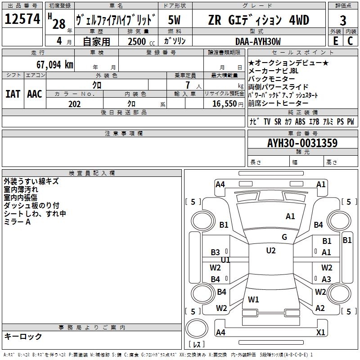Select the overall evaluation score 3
point(343,20)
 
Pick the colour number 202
point(74,104)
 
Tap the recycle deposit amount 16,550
point(224,104)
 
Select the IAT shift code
point(13,94)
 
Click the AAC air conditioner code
point(35,94)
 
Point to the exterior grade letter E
point(335,41)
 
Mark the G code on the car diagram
point(284,237)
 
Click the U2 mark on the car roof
point(270,251)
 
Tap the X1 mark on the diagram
point(321,333)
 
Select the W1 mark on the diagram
point(253,299)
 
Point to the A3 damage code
point(326,279)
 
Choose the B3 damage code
point(216,252)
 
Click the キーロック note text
point(23,337)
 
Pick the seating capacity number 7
point(187,85)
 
